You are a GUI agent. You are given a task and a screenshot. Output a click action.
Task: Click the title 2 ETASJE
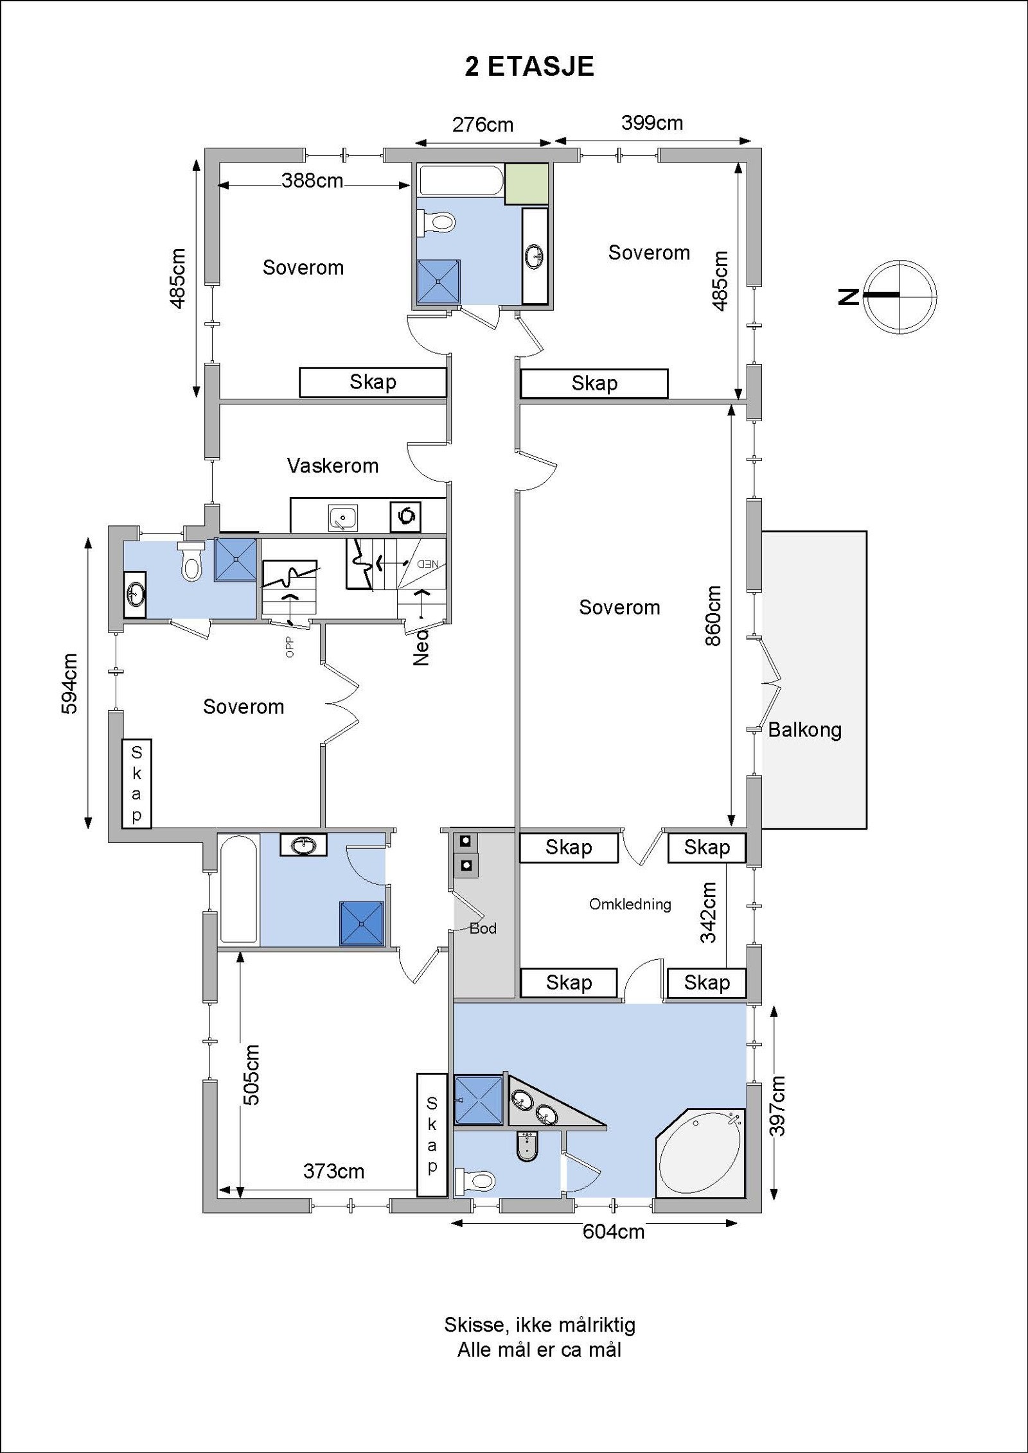[529, 67]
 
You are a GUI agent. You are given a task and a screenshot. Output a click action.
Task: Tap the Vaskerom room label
[333, 465]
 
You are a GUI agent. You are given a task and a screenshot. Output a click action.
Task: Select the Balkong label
[805, 730]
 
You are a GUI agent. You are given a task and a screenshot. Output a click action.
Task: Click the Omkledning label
[630, 904]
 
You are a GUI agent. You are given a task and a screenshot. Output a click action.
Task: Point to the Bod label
[483, 928]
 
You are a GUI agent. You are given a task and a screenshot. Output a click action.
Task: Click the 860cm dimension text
[713, 616]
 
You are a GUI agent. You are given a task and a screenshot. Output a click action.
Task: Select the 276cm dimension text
[483, 125]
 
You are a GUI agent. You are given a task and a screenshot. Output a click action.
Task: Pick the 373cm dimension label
[333, 1172]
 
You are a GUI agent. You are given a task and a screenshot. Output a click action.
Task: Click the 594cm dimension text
[69, 683]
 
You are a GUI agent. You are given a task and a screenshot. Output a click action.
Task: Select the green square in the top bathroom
[526, 184]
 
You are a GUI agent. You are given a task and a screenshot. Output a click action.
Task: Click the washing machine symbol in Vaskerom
[405, 516]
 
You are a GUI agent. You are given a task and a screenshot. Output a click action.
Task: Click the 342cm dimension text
[709, 912]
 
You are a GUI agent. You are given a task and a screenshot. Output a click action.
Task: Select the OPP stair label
[289, 647]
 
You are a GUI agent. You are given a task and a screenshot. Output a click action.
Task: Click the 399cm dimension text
[651, 123]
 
